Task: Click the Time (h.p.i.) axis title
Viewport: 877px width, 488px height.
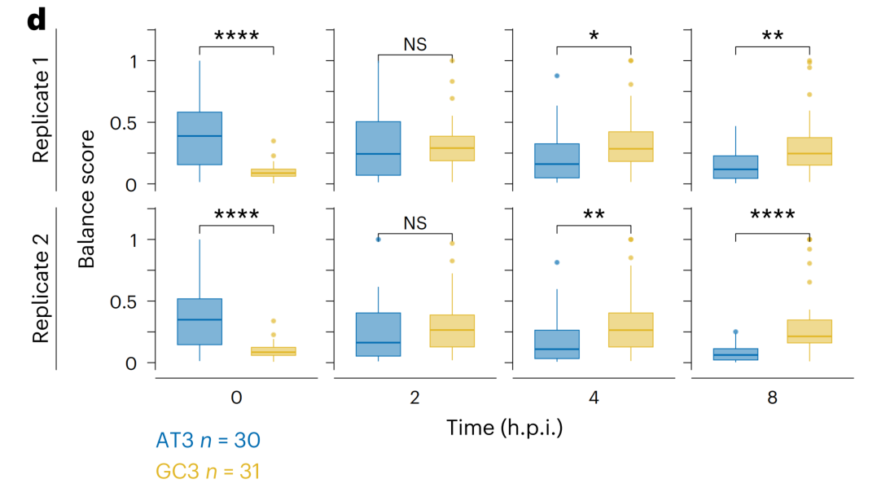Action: pyautogui.click(x=505, y=427)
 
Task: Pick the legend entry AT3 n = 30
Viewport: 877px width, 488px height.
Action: pyautogui.click(x=208, y=441)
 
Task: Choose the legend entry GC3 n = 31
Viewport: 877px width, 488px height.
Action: pyautogui.click(x=208, y=470)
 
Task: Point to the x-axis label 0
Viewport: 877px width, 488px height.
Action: pyautogui.click(x=236, y=398)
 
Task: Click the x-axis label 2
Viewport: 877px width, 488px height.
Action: pyautogui.click(x=414, y=398)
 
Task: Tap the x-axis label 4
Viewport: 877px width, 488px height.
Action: pyautogui.click(x=594, y=398)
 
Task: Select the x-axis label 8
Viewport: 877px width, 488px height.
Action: pyautogui.click(x=772, y=398)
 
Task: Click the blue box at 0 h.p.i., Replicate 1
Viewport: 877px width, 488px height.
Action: pyautogui.click(x=200, y=138)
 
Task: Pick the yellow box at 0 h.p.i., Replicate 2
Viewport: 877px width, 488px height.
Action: pyautogui.click(x=274, y=351)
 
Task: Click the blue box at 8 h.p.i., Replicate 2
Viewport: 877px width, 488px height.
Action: pyautogui.click(x=735, y=354)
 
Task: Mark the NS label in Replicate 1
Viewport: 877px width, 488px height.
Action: pyautogui.click(x=414, y=44)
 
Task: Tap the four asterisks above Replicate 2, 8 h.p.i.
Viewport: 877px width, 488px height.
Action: pyautogui.click(x=772, y=217)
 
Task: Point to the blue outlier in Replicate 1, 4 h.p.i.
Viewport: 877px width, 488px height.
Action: pyautogui.click(x=557, y=76)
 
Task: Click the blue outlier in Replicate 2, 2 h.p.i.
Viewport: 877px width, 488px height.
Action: pyautogui.click(x=378, y=239)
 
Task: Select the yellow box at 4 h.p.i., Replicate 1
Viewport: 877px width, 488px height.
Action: pyautogui.click(x=630, y=147)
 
